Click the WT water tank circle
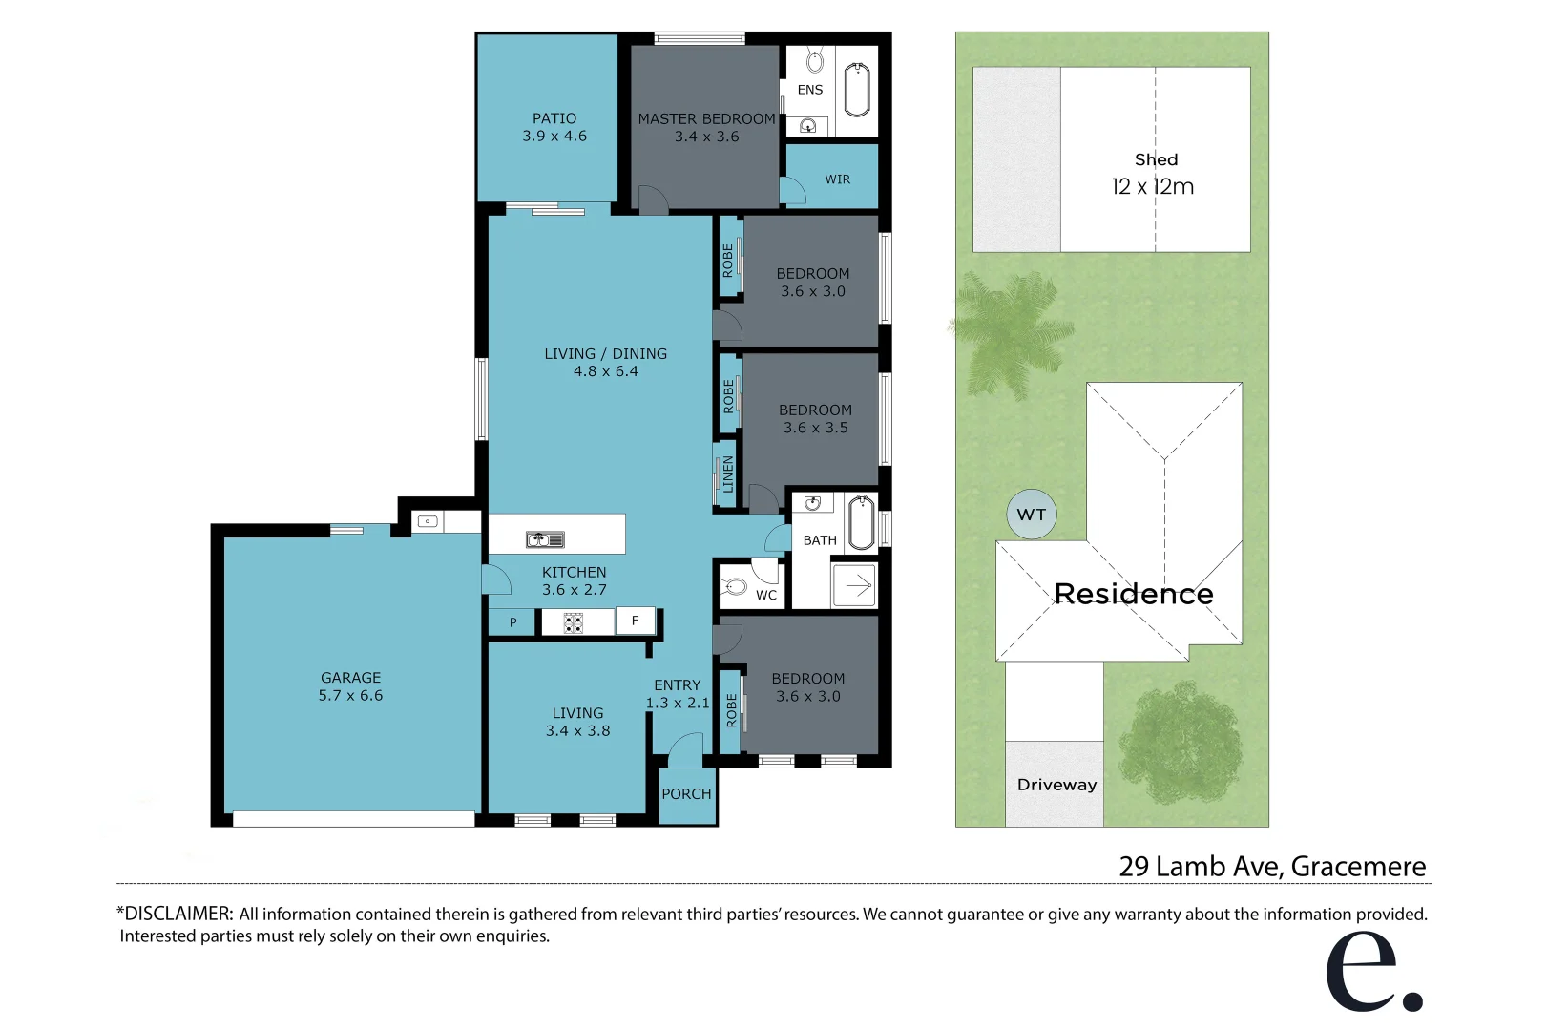pos(1032,515)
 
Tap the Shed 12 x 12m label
pos(1154,175)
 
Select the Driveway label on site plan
pos(1056,785)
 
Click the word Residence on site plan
pos(1134,594)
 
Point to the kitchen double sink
pos(545,540)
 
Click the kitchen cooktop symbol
pos(574,623)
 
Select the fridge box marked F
pos(635,621)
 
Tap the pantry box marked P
pos(512,622)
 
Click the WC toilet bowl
pos(735,587)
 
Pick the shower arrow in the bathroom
pos(857,585)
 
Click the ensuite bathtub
pos(857,90)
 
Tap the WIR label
pos(837,179)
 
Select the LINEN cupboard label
pos(728,474)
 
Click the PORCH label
pos(686,794)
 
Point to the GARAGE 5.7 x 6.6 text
pos(350,686)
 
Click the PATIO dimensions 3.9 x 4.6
pos(554,137)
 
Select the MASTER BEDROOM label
pos(706,119)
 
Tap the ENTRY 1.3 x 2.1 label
pos(678,694)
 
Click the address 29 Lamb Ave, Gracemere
pos(1272,866)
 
